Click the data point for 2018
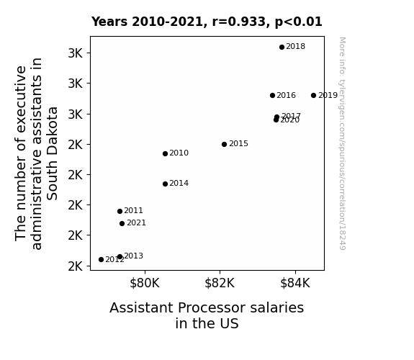tap(282, 47)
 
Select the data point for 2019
tap(313, 95)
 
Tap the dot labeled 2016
tap(272, 95)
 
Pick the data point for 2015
tap(224, 144)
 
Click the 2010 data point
tap(166, 153)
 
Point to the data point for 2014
tap(166, 184)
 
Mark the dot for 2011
tap(120, 211)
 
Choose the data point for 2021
tap(122, 223)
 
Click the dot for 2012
tap(101, 260)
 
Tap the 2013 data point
tap(120, 256)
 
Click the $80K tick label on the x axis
tap(145, 283)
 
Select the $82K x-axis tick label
tap(220, 283)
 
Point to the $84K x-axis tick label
tap(295, 283)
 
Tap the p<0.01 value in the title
tap(298, 22)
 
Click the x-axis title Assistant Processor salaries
tap(207, 308)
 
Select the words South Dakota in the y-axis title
tap(52, 153)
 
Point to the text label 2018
tap(295, 47)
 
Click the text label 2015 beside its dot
tap(238, 144)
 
